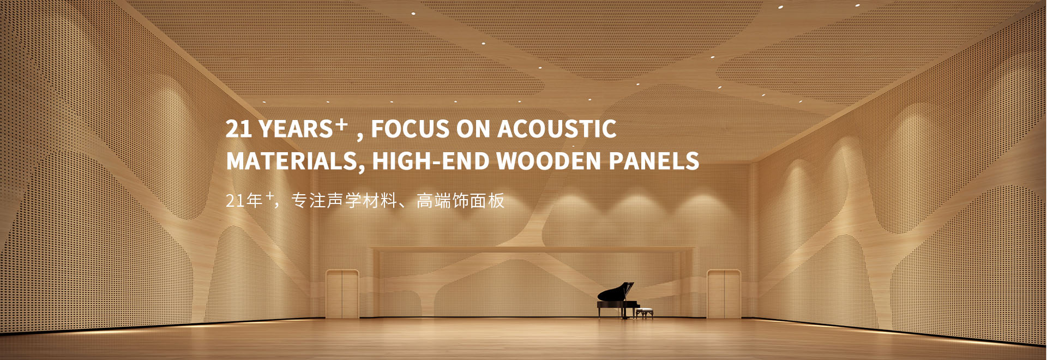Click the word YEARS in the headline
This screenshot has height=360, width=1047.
tap(296, 129)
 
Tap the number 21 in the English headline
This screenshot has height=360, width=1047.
tap(238, 129)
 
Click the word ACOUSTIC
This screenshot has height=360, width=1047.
tap(557, 129)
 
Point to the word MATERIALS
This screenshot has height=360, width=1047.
tap(292, 161)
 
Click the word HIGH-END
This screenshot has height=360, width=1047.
tap(431, 161)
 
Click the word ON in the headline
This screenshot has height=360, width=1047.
tap(473, 129)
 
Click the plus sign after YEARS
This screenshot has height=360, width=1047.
tap(341, 124)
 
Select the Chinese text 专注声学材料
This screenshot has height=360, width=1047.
tap(344, 201)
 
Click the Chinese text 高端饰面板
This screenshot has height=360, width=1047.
tap(461, 201)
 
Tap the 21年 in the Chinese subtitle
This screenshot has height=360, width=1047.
tap(244, 201)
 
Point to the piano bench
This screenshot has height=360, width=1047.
tap(645, 313)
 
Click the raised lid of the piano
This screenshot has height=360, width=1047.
tap(616, 292)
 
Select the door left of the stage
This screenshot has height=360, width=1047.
tap(342, 294)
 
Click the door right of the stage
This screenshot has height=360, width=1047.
tap(724, 294)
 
